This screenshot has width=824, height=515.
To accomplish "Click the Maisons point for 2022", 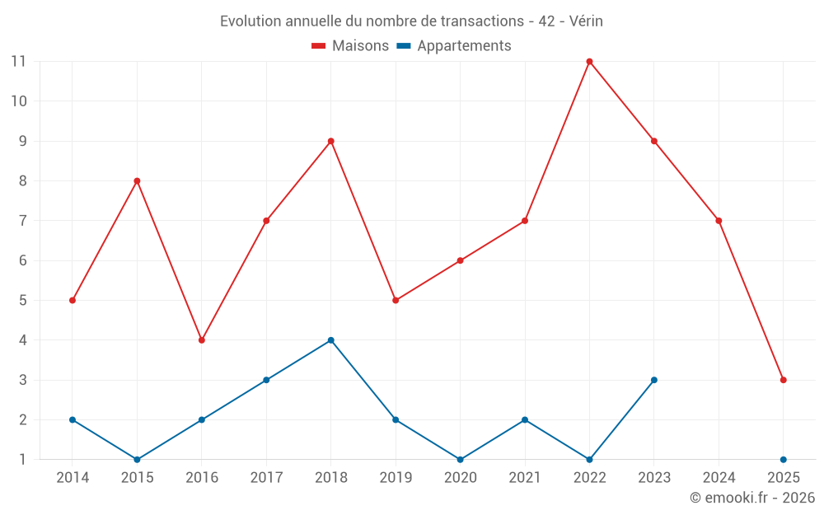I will click(589, 61).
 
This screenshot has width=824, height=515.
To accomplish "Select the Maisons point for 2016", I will click(202, 340).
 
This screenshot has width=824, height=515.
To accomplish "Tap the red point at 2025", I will click(783, 380).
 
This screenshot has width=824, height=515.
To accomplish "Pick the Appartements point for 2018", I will click(331, 340).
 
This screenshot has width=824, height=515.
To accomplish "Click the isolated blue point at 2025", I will click(783, 460).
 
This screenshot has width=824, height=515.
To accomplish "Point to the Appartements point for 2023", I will click(654, 380).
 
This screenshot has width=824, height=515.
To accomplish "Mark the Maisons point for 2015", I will click(137, 180).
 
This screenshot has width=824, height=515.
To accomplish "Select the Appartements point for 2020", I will click(460, 460).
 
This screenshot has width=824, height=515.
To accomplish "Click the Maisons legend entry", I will click(350, 46).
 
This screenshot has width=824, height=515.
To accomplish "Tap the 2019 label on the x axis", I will click(396, 478).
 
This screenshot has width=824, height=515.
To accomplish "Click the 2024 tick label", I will click(719, 478).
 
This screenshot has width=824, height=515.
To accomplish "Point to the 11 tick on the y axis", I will click(18, 61).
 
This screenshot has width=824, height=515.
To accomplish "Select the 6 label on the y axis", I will click(22, 260).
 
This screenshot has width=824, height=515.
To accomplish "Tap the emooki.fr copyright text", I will click(752, 498).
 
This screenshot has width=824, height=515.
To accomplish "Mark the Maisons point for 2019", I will click(396, 300).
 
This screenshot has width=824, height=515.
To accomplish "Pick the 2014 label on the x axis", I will click(73, 478).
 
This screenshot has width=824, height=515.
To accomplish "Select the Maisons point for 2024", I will click(719, 220).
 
